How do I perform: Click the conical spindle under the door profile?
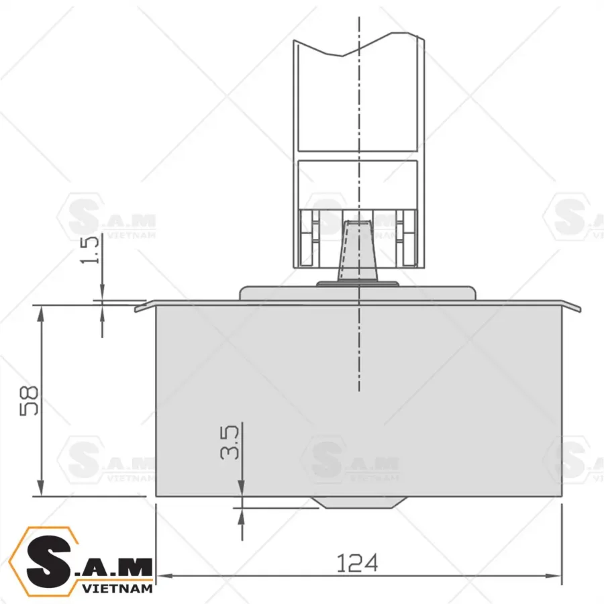click(x=356, y=252)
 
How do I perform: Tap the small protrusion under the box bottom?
click(x=358, y=503)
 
